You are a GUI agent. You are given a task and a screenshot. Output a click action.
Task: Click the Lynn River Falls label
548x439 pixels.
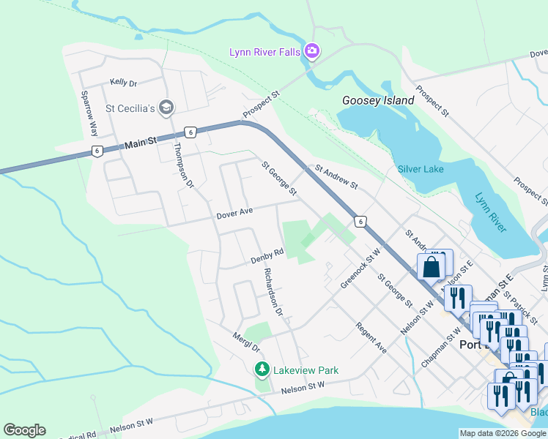pos(265,52)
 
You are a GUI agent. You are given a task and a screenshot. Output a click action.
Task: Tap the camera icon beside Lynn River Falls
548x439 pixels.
pos(312,50)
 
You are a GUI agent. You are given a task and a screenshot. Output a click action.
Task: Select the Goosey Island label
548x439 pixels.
pos(378,100)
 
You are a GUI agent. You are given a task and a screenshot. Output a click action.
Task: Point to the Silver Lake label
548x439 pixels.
pos(421,169)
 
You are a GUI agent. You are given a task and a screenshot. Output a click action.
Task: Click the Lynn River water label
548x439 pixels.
pos(490,212)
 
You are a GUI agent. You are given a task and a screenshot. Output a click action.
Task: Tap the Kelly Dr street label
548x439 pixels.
pos(124,83)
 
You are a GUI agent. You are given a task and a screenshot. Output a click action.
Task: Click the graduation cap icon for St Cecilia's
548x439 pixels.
pos(166,108)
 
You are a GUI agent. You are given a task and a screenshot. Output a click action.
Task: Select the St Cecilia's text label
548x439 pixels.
pos(130,109)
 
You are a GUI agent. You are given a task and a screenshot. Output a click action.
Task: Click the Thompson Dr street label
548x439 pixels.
pos(183,165)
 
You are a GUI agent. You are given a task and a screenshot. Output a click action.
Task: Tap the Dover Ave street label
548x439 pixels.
pos(234,212)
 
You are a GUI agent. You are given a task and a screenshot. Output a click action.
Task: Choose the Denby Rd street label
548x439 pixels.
pos(267,256)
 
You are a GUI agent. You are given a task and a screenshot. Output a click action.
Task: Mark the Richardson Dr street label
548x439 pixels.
pos(273,292)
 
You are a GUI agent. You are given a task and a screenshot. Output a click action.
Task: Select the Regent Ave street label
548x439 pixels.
pos(371,339)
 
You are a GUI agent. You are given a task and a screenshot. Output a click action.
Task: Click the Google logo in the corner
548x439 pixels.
pos(24,429)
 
